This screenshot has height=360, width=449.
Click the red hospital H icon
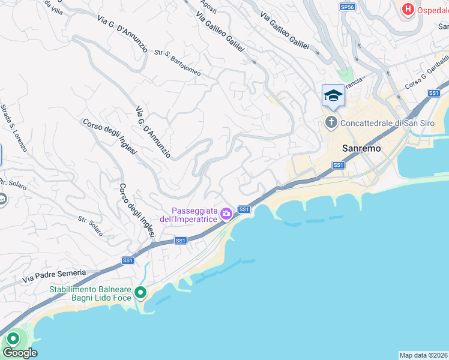tap(408, 10)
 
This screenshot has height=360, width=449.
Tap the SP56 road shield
tap(346, 7)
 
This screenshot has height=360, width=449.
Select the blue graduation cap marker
tap(333, 95)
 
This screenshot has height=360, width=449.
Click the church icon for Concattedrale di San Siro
tap(331, 122)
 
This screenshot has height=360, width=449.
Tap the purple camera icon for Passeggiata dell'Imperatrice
tap(226, 214)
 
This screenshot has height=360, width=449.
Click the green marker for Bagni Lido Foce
tap(140, 293)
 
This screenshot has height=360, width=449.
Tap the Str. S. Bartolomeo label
tap(178, 63)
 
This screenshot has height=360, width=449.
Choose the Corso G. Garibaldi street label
tap(427, 76)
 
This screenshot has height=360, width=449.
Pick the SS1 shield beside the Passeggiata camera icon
tap(244, 209)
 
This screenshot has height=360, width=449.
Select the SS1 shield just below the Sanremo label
tap(338, 164)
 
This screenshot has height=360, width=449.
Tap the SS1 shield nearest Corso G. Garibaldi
tap(434, 93)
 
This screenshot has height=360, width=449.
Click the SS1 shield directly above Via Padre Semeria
tap(127, 260)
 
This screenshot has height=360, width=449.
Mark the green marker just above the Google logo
tap(12, 339)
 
